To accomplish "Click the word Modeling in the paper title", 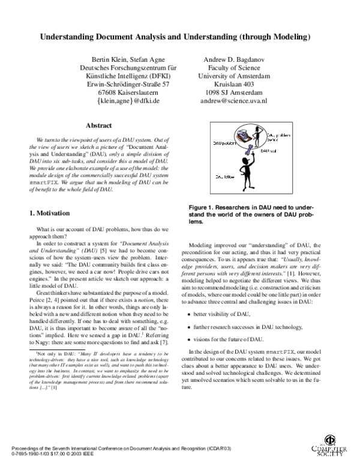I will tap(289, 37).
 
